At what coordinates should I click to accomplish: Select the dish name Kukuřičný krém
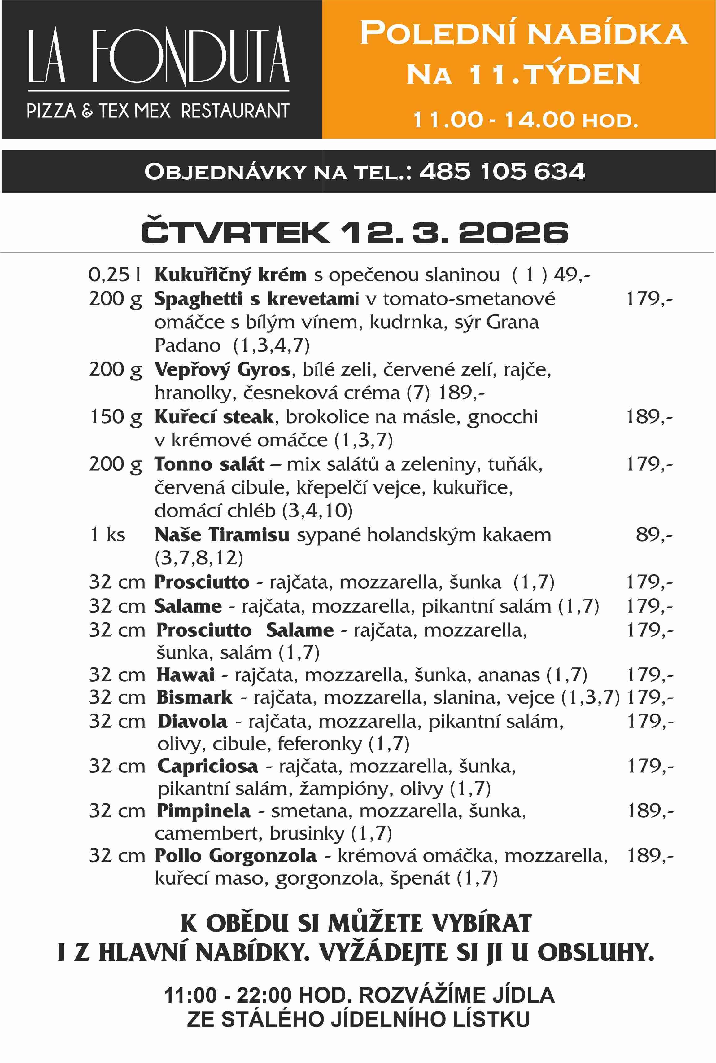point(230,275)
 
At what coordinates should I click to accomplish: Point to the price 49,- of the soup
point(572,275)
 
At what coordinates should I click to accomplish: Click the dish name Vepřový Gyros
point(222,369)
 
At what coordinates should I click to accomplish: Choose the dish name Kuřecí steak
point(214,417)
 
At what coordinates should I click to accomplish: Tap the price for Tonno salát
point(649,464)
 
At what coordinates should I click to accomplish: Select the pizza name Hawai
point(186,675)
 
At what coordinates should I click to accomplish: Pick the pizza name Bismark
point(194,697)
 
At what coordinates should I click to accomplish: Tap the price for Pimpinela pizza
point(650,811)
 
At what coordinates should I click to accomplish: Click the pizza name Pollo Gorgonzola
point(235,856)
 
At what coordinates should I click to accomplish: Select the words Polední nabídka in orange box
point(523,33)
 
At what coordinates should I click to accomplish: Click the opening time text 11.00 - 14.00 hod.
point(525,120)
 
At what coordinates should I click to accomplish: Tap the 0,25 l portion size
point(114,275)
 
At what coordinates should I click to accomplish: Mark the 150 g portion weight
point(115,417)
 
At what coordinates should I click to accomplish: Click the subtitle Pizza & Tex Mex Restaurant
point(158,111)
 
